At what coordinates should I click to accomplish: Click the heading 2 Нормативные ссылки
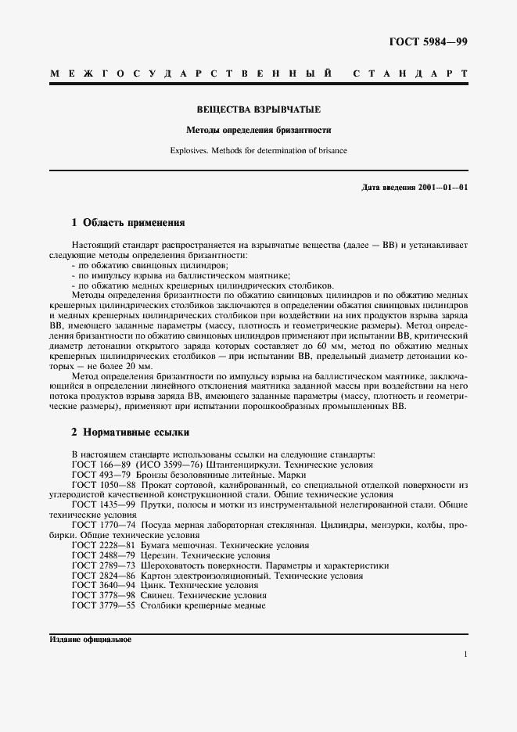(x=130, y=432)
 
